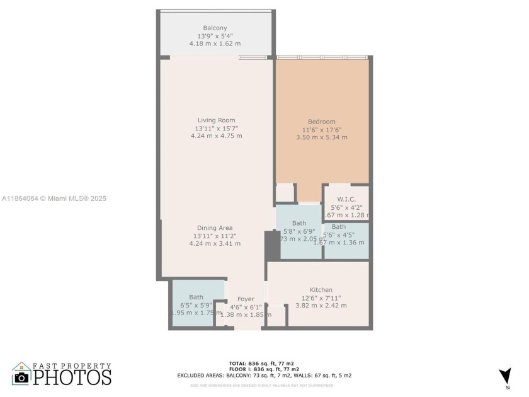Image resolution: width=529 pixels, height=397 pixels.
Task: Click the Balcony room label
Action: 216,28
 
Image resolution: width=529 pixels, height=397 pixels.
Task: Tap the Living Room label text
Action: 216,120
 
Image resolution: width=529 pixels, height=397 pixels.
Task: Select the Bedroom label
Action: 321,122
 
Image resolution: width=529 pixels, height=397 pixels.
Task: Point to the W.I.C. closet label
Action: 346,198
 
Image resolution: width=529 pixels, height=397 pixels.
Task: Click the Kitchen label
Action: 321,290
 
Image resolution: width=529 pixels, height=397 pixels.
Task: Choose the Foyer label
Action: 246,299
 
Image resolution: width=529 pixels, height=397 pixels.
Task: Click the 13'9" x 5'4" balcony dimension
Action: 216,36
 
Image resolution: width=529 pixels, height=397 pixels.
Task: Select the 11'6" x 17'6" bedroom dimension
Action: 321,130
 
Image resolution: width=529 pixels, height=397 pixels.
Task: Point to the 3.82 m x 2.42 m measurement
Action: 321,306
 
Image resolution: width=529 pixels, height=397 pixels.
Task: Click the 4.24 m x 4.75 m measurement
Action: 216,136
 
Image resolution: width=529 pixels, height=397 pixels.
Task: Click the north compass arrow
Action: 504,376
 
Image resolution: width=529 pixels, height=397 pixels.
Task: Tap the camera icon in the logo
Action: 21,377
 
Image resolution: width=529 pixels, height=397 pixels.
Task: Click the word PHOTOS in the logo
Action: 72,377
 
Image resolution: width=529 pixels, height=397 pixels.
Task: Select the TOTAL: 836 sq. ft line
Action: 263,364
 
